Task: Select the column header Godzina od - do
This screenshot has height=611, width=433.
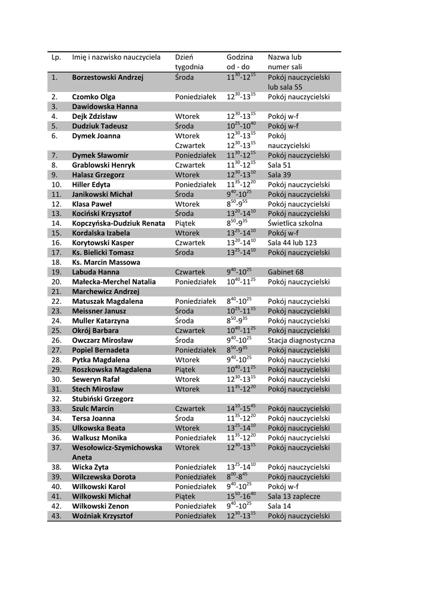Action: coord(240,62)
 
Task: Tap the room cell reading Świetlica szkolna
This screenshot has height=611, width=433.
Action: coord(295,223)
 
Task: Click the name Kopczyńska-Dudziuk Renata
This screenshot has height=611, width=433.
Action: coord(118,223)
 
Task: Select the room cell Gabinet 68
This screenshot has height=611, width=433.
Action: coord(285,272)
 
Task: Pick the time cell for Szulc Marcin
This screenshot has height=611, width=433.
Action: coord(241,408)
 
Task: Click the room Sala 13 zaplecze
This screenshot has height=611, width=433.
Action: coord(294,496)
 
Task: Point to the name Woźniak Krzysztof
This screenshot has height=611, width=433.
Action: coord(102,516)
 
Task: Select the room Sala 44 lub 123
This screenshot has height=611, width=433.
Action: coord(293,243)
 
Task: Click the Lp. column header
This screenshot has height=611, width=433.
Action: coord(57,57)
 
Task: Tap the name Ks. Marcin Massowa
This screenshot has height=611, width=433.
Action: coord(106,263)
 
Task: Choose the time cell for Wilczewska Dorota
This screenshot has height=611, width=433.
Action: coord(241,477)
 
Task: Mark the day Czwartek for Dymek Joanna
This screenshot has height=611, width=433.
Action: coord(190,146)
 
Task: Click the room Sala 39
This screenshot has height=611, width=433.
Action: coord(280,175)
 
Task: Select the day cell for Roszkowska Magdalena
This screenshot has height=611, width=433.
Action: coord(185,369)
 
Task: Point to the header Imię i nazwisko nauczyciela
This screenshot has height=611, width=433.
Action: coord(116,57)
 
